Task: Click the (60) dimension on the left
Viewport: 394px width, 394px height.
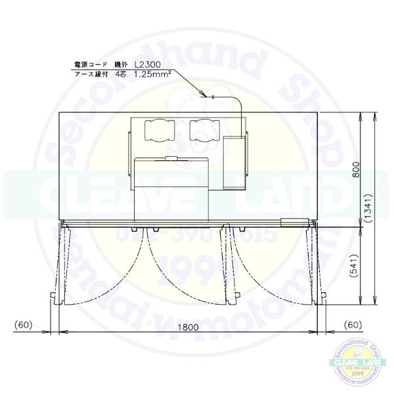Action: tap(24, 324)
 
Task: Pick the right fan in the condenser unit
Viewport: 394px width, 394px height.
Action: tap(204, 130)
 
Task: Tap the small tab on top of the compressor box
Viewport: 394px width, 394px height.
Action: tap(171, 158)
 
